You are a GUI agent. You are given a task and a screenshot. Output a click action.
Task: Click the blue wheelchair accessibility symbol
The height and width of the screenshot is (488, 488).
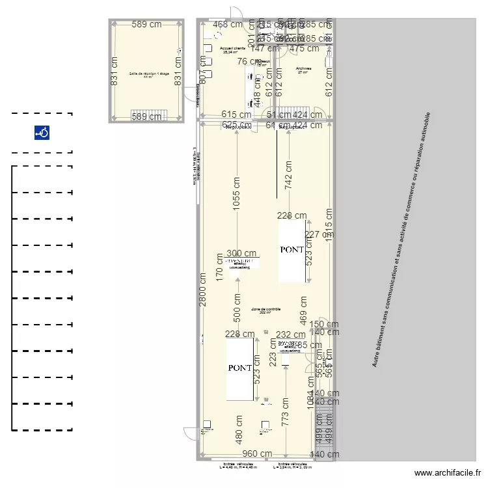(x=42, y=133)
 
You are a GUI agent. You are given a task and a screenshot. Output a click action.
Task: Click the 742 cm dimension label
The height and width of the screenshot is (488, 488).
(x=288, y=174)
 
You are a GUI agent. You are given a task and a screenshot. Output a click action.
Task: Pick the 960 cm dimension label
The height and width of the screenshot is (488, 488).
(x=257, y=454)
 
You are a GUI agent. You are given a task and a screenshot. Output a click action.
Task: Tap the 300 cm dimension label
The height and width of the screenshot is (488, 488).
(x=241, y=254)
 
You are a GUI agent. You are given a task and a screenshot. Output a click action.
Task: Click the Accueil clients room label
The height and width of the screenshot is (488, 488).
(x=233, y=49)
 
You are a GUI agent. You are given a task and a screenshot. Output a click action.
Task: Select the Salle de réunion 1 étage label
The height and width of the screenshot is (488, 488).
(x=149, y=75)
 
